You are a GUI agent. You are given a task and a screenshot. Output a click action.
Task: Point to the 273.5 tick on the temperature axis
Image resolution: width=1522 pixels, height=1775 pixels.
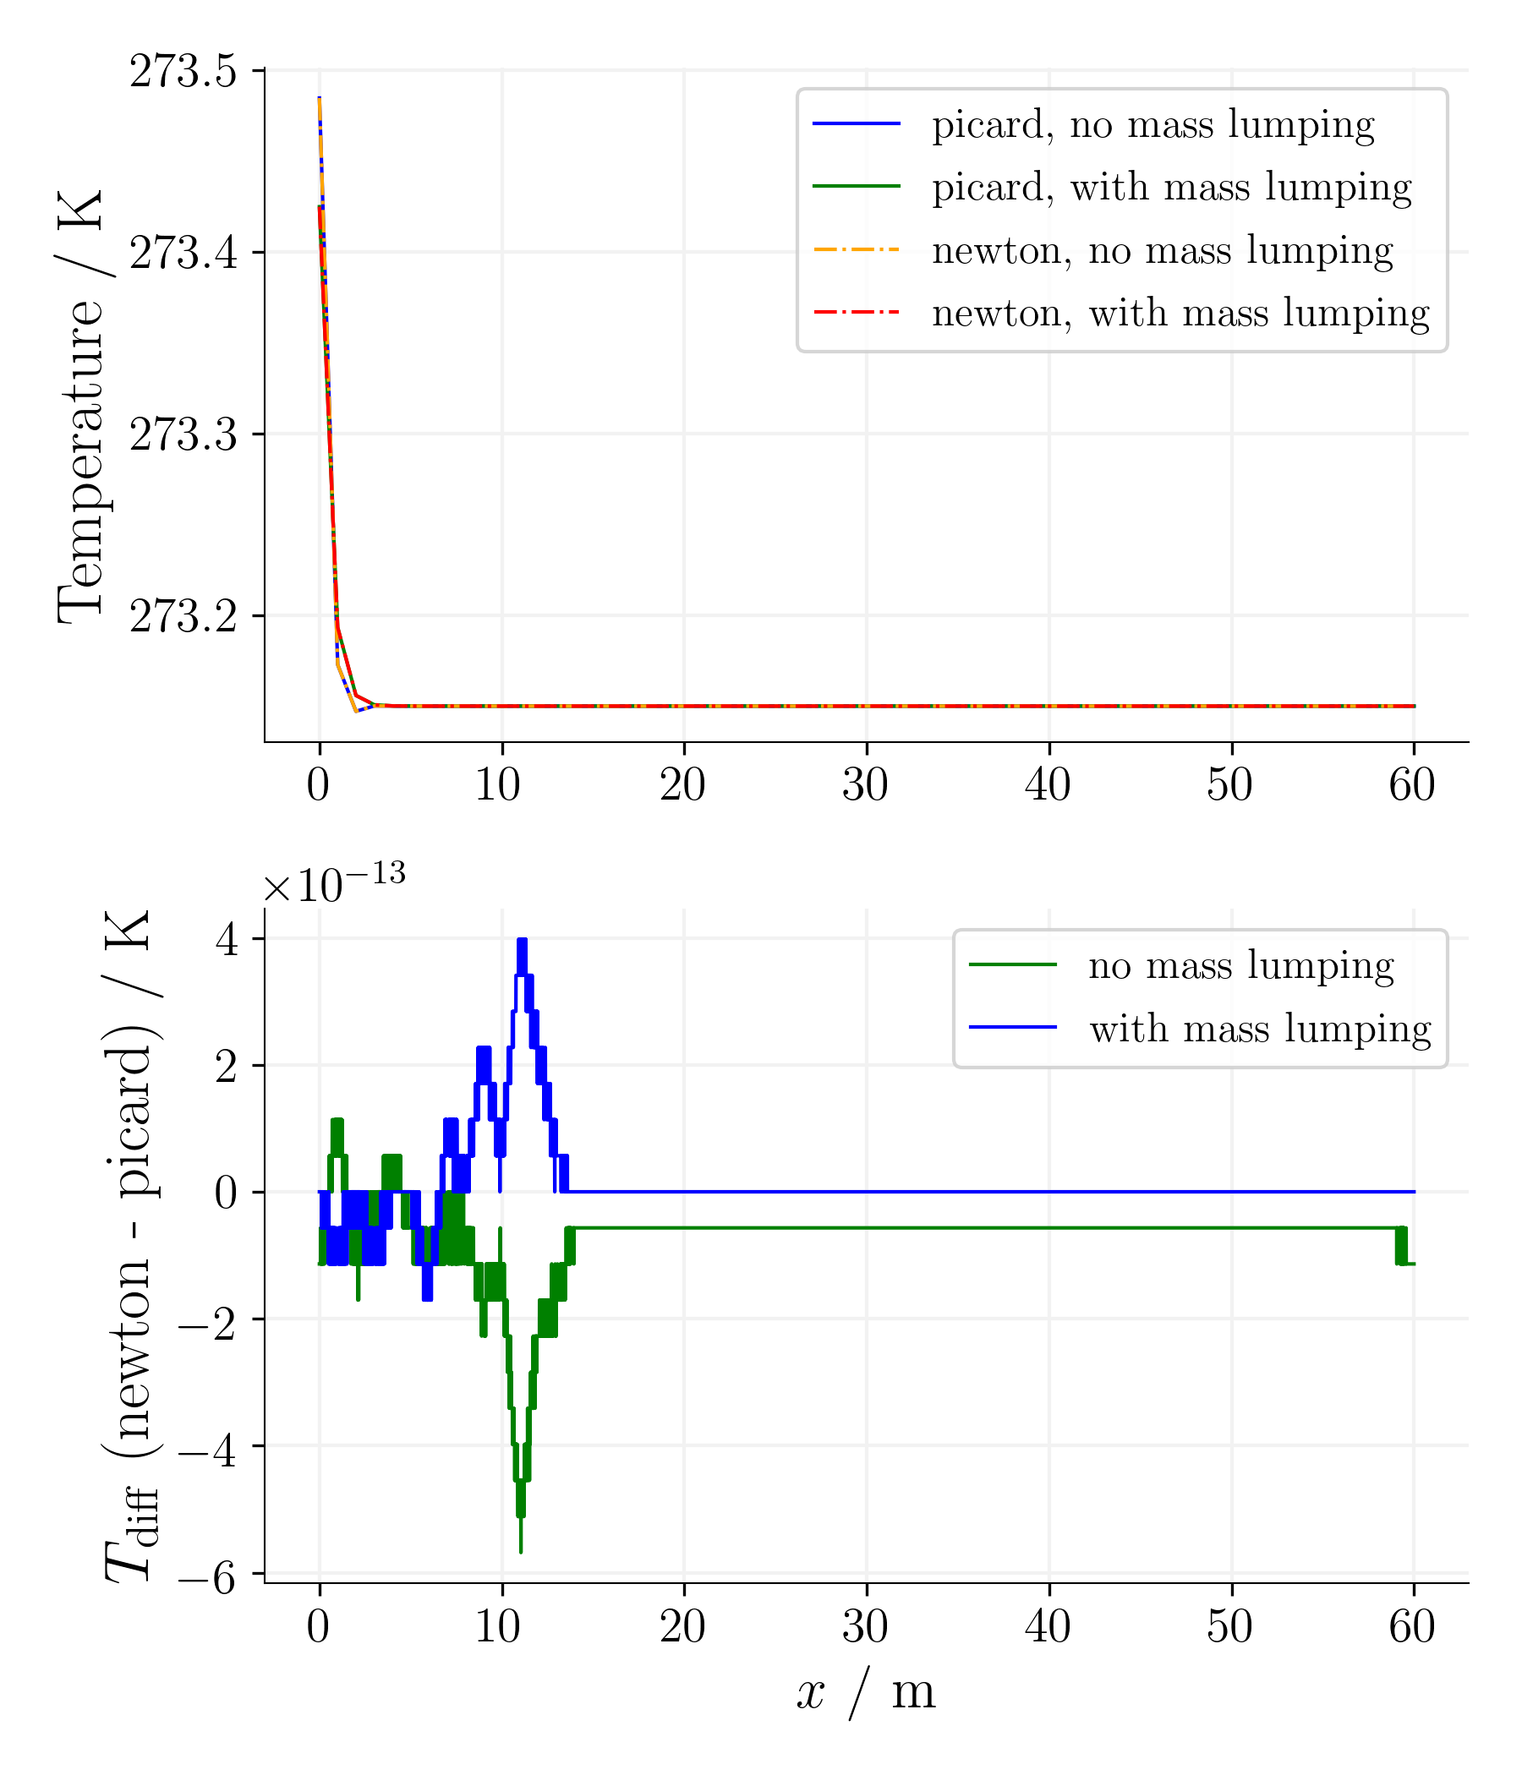183,71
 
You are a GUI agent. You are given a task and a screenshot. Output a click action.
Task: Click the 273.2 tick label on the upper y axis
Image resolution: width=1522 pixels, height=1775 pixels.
183,616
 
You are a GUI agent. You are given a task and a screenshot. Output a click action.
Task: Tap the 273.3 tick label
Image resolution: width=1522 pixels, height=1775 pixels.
183,434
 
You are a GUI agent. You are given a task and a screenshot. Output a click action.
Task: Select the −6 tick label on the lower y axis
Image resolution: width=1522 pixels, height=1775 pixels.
207,1576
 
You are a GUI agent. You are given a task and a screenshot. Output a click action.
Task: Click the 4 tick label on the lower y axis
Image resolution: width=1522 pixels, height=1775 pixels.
227,940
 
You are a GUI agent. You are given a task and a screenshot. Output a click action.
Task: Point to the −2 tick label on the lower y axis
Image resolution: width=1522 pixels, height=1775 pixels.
207,1320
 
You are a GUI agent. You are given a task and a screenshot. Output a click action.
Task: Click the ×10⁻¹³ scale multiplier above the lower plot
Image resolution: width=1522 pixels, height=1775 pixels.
333,884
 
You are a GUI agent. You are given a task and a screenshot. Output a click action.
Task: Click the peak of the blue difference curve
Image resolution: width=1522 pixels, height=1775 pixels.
521,942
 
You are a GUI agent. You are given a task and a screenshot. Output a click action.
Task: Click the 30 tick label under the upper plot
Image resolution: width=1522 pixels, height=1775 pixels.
866,784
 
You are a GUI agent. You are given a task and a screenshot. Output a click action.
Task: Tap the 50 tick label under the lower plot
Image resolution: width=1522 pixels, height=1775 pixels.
1229,1627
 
